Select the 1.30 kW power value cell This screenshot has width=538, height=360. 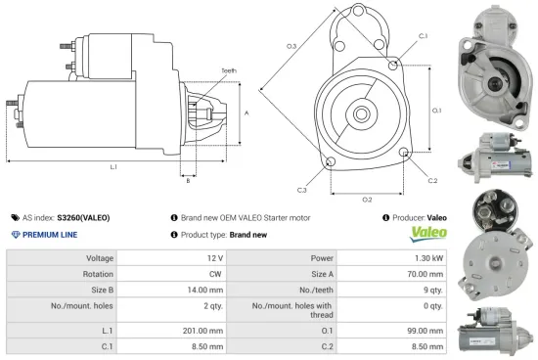pos(428,258)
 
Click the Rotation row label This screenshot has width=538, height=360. pos(98,274)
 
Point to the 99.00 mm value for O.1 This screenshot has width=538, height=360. pos(426,332)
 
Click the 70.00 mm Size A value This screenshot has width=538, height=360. pos(426,274)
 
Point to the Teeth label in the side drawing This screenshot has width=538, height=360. pos(229,70)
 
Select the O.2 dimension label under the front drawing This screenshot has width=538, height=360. pos(367,200)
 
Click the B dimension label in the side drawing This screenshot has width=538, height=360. pos(188,181)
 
